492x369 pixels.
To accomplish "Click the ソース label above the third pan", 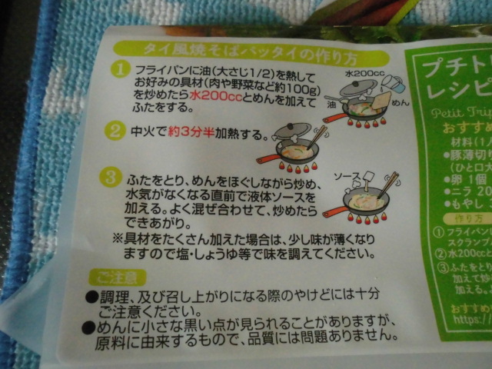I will click(348, 176).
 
